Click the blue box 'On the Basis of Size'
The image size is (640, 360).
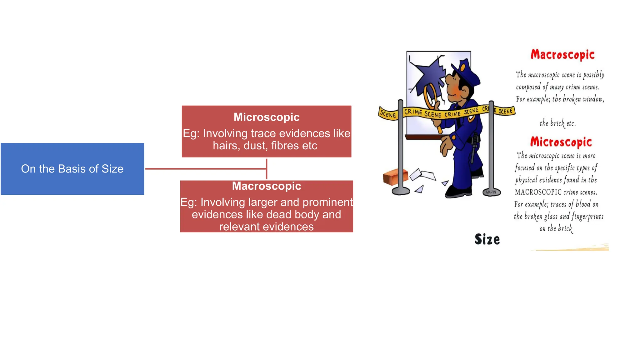point(72,169)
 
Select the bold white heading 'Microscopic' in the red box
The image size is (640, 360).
point(266,117)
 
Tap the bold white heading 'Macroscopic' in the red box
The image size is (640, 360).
point(266,186)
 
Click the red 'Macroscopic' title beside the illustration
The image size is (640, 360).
point(562,55)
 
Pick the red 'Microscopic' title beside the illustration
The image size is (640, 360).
point(561,142)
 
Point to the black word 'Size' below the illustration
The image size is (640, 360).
point(487,239)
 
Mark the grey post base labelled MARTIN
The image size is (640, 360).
point(491,192)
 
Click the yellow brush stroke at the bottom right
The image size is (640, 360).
point(578,248)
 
